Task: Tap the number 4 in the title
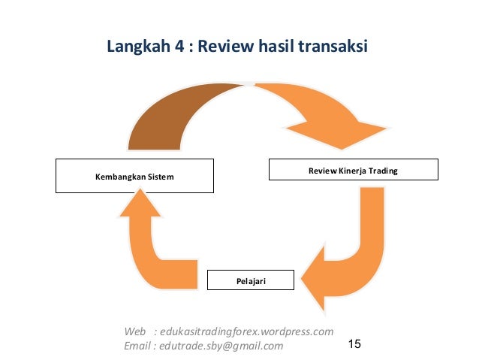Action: [x=178, y=47]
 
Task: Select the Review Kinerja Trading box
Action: [x=353, y=170]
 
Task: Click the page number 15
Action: [x=355, y=344]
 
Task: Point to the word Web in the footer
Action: [x=135, y=331]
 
